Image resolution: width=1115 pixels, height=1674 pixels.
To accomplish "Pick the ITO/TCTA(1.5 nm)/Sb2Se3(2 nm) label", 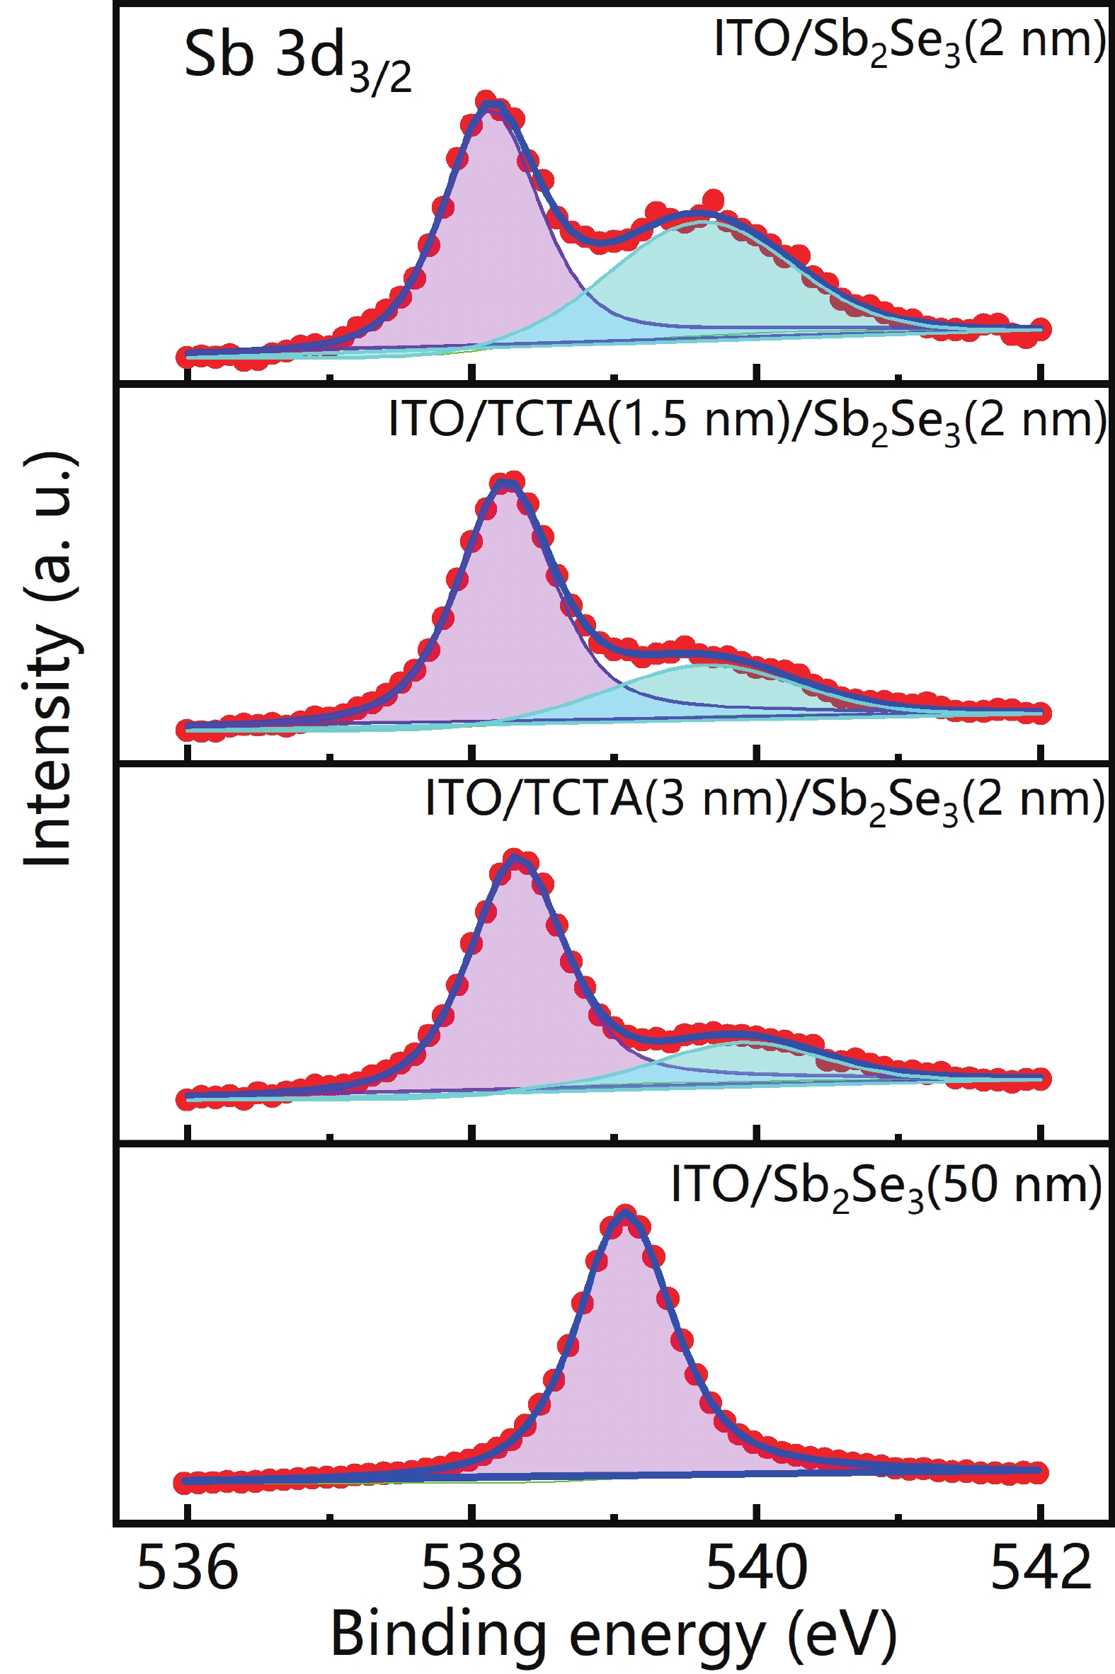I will (747, 421).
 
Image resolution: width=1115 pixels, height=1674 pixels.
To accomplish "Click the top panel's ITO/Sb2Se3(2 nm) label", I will (910, 41).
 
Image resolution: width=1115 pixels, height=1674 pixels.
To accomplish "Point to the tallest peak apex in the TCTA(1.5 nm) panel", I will (506, 485).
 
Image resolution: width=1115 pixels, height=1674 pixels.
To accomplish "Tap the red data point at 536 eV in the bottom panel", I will (186, 1483).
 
